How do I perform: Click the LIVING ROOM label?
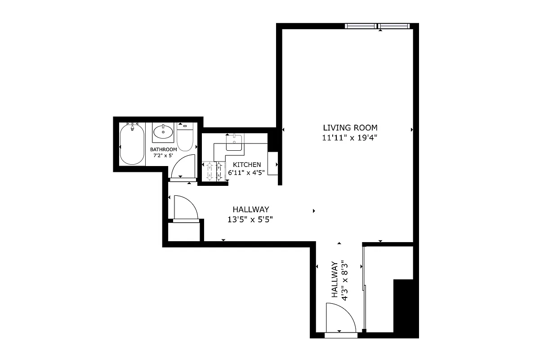point(349,127)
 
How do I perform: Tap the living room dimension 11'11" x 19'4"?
point(349,138)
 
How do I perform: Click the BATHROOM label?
point(163,149)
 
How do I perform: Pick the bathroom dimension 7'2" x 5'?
point(163,157)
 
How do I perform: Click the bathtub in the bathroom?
point(132,144)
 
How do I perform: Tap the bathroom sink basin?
point(163,132)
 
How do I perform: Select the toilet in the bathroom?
point(185,137)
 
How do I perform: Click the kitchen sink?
point(234,142)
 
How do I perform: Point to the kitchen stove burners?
point(213,171)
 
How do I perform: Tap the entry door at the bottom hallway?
point(340,319)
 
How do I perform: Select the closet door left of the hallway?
point(185,208)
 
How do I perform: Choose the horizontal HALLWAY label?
point(251,209)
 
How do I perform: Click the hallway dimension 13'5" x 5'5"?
point(251,220)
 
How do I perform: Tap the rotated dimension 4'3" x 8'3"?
point(344,280)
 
